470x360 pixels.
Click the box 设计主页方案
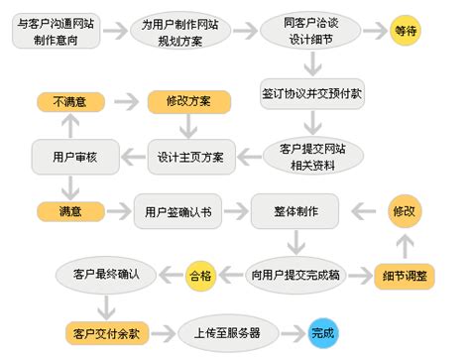191,156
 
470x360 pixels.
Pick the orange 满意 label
66,211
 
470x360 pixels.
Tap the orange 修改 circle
407,211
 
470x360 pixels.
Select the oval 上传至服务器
221,332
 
